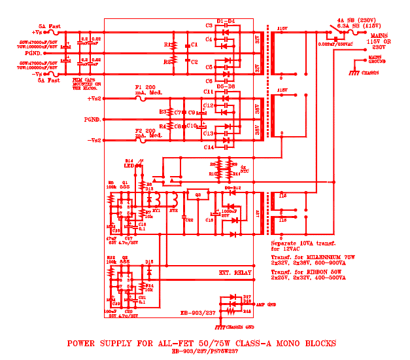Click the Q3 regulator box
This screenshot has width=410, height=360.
point(197,194)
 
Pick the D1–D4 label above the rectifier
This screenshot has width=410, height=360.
point(225,21)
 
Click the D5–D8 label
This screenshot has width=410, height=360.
point(225,86)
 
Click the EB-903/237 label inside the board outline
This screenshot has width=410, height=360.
point(198,313)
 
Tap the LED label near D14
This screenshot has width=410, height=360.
point(129,166)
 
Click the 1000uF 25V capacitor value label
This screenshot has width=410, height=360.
point(229,212)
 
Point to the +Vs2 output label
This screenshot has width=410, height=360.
point(94,98)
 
